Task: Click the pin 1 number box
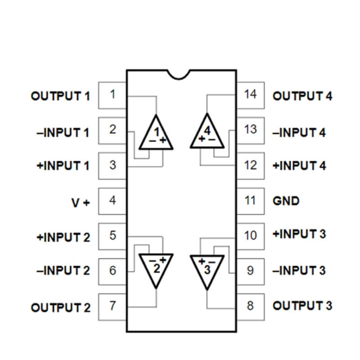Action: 112,95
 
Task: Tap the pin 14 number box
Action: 250,95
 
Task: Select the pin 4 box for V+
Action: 112,200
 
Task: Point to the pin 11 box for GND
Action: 250,200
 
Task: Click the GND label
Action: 286,200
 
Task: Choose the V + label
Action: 81,202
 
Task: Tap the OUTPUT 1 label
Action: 60,96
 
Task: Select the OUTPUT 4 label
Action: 302,96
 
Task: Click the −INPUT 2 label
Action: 63,271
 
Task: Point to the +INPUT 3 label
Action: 299,234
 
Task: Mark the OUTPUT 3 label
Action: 302,306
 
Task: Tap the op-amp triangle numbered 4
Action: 207,134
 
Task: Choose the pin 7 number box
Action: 112,306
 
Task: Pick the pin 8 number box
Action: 250,306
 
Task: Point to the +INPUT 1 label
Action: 63,166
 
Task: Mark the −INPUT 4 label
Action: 299,133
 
